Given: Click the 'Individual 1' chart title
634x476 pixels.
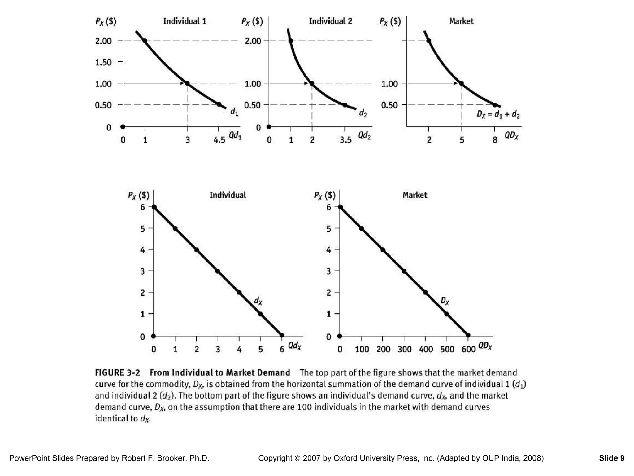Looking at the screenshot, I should click(185, 21).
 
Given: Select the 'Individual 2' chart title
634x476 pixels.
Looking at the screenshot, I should click(331, 21).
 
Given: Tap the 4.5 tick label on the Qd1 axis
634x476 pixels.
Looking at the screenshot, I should click(219, 140).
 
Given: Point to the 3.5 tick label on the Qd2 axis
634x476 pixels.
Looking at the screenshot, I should click(345, 140).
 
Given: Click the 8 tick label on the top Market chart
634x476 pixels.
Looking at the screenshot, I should click(495, 140).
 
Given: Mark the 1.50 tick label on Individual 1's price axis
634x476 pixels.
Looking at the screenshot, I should click(103, 62).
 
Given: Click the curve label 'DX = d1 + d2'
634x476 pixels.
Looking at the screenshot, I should click(498, 115).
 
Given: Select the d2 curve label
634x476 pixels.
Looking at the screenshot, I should click(363, 114).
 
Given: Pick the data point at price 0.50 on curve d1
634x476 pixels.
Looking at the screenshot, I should click(219, 104).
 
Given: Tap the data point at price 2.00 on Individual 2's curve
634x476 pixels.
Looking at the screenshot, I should click(291, 41).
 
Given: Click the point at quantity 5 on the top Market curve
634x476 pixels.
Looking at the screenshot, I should click(462, 83).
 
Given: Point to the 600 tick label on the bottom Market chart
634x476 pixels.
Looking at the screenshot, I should click(468, 350).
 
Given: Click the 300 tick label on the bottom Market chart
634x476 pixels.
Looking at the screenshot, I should click(405, 350).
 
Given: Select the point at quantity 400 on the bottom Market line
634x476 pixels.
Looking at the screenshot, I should click(425, 293).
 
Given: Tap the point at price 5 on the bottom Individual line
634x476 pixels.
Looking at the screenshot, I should click(175, 228).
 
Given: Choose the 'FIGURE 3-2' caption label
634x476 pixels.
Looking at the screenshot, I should click(117, 372).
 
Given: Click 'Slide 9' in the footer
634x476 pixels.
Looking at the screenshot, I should click(612, 458).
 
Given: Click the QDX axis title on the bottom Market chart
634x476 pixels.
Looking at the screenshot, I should click(485, 346).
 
